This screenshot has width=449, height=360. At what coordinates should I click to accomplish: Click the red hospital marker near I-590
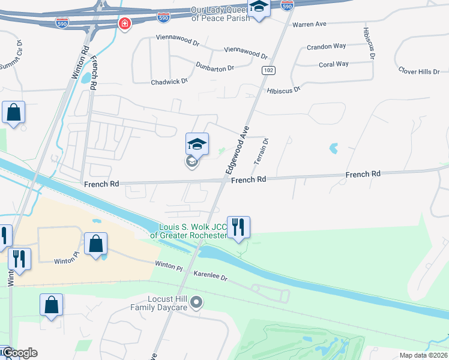(125, 24)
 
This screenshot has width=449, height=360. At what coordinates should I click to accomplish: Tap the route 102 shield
(268, 70)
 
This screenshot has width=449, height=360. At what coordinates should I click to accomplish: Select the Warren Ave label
(309, 25)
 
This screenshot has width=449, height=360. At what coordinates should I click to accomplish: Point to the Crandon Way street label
(327, 47)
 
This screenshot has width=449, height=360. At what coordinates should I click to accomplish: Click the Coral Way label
(334, 64)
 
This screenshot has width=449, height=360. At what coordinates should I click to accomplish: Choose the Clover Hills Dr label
(419, 71)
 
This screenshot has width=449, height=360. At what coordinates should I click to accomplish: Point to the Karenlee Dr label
(211, 277)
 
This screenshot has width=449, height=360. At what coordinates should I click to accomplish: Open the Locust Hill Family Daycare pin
(196, 304)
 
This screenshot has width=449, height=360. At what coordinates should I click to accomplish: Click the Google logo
(19, 353)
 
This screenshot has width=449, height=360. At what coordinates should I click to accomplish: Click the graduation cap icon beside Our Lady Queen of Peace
(259, 7)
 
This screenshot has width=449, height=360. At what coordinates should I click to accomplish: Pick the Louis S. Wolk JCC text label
(193, 231)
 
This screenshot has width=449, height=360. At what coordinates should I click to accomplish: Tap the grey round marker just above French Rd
(191, 161)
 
